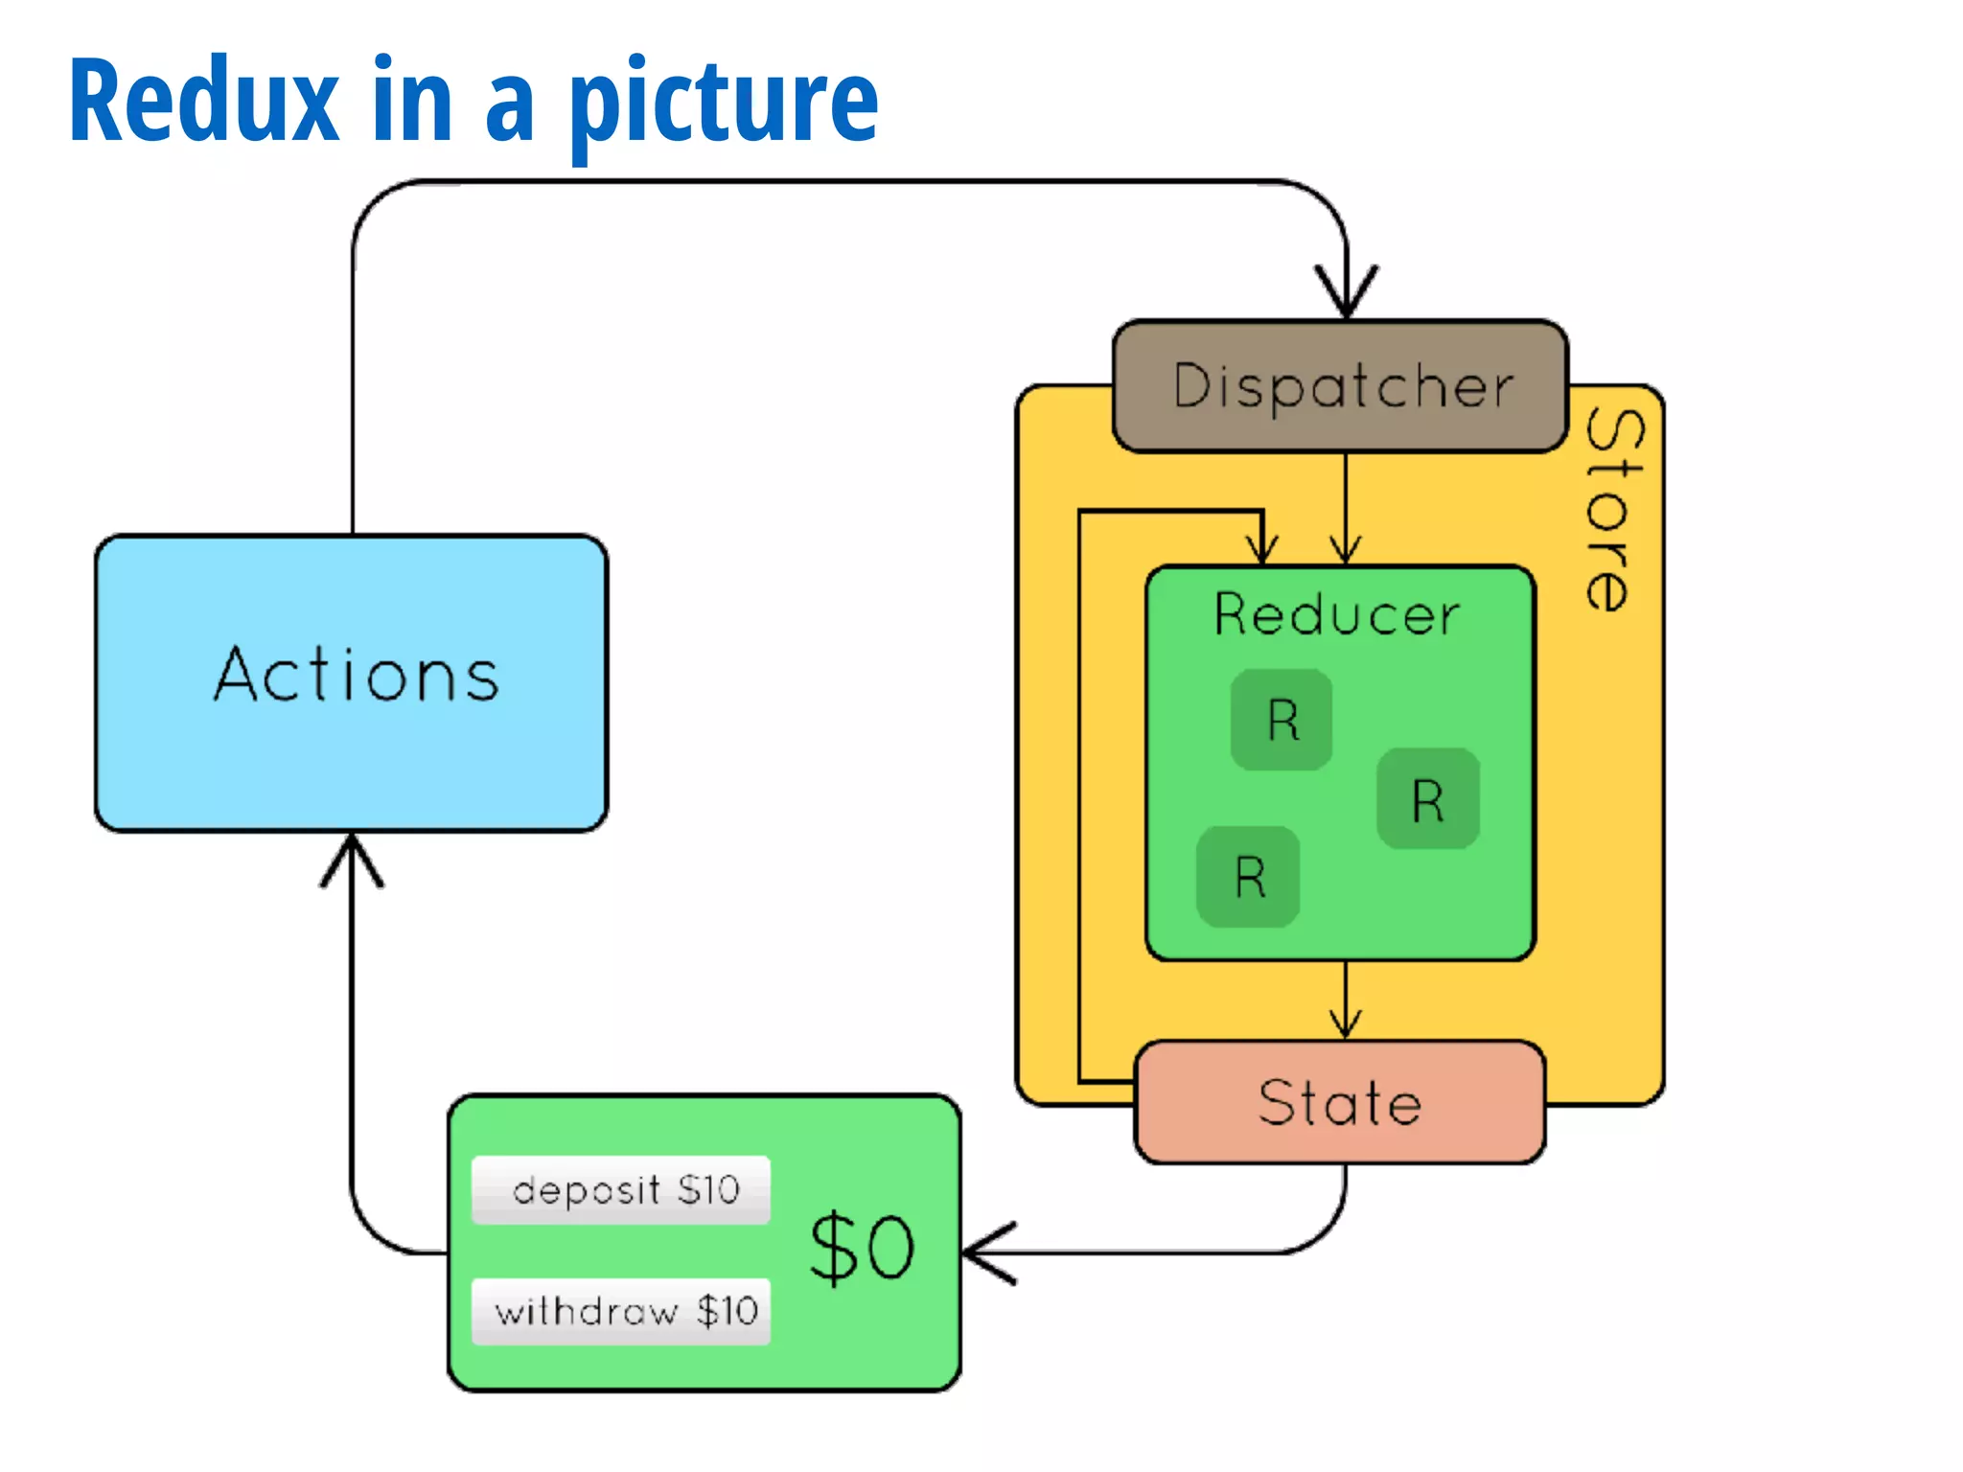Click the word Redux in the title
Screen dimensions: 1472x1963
(x=203, y=101)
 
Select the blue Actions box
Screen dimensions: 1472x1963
(x=352, y=682)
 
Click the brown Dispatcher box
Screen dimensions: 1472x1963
(x=1340, y=386)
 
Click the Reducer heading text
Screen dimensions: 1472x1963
(x=1337, y=614)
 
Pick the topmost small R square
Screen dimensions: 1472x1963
(x=1282, y=720)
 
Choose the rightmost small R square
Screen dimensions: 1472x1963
(x=1428, y=799)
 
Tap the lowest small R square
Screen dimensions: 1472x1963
(x=1248, y=877)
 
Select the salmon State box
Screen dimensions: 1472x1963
(x=1339, y=1102)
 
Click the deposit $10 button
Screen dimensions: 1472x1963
(x=621, y=1190)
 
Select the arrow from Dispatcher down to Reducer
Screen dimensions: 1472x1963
(x=1346, y=508)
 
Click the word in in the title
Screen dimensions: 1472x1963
(x=412, y=101)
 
